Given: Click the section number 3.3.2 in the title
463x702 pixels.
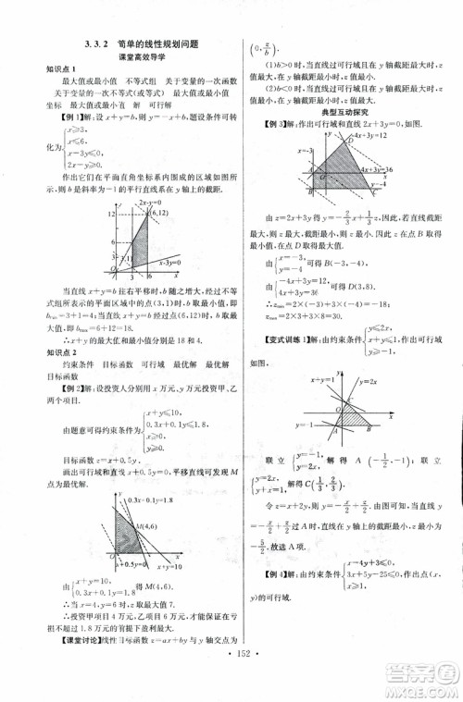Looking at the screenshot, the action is [x=96, y=43].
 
